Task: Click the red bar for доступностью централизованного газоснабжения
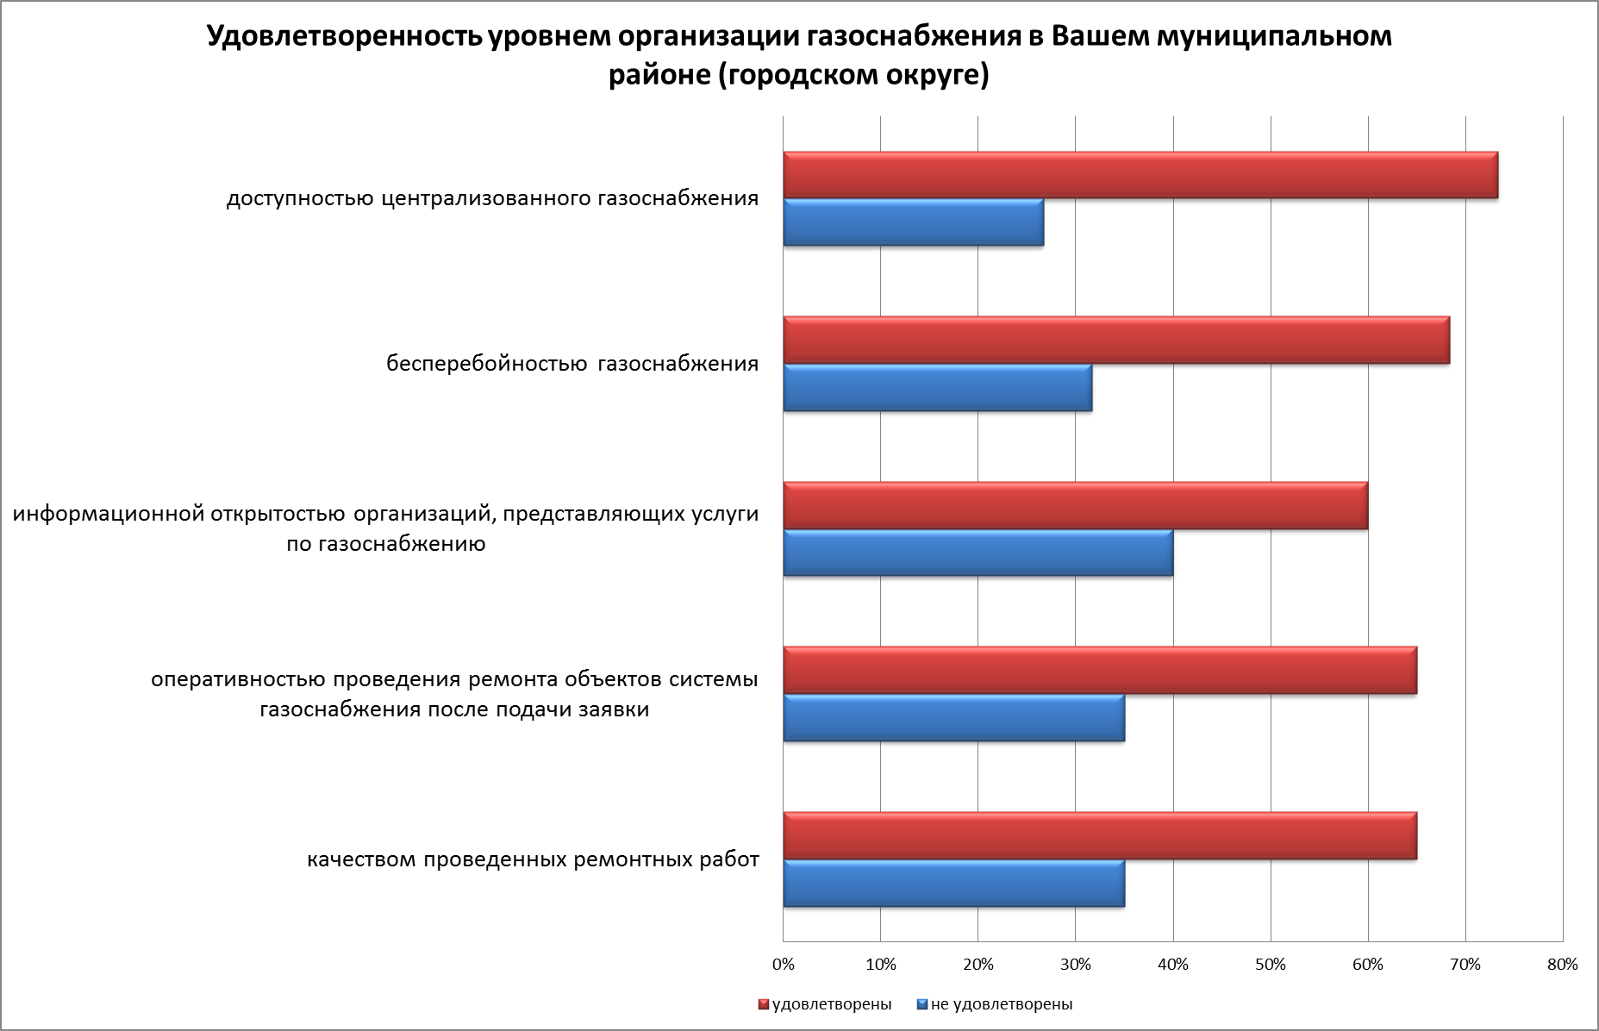coord(1140,175)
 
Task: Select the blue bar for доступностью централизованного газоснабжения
coord(913,222)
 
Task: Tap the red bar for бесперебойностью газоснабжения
coord(1115,341)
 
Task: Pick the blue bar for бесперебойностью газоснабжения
coord(937,388)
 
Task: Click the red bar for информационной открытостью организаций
coord(1075,506)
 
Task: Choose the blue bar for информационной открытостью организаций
coord(978,553)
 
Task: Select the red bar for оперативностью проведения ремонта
coord(1099,671)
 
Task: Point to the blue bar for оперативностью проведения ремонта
coord(953,718)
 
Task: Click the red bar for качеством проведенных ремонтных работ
coord(1099,836)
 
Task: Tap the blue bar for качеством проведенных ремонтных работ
coord(953,884)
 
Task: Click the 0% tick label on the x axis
coord(783,965)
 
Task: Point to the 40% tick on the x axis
coord(1173,965)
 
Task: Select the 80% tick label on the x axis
coord(1562,965)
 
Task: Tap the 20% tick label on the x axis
coord(978,965)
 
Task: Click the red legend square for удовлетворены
coord(763,1004)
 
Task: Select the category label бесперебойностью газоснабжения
coord(572,364)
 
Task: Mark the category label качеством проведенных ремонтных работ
coord(533,860)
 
